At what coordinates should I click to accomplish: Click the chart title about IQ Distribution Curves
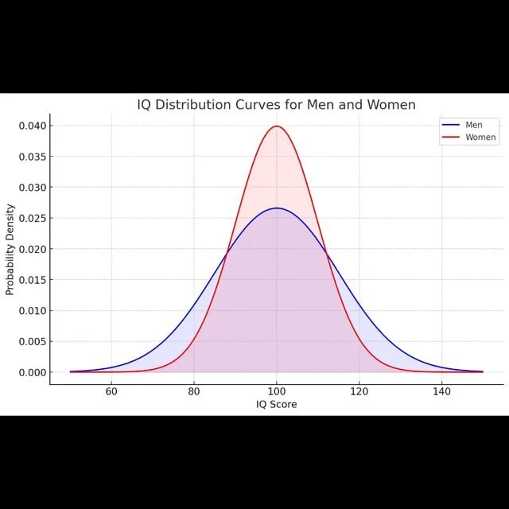pyautogui.click(x=276, y=105)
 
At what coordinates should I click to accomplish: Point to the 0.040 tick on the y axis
pyautogui.click(x=31, y=126)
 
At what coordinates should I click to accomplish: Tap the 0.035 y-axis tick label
pyautogui.click(x=31, y=157)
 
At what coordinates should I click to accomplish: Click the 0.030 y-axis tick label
pyautogui.click(x=31, y=188)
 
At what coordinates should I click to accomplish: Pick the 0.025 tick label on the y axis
pyautogui.click(x=31, y=218)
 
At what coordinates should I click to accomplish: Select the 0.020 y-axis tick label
pyautogui.click(x=31, y=249)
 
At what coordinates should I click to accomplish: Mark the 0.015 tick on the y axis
pyautogui.click(x=31, y=280)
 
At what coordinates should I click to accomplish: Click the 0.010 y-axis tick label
pyautogui.click(x=31, y=311)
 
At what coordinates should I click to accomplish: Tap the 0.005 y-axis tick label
pyautogui.click(x=31, y=341)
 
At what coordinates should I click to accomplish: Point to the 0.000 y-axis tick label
pyautogui.click(x=31, y=372)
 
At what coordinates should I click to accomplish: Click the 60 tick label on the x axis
pyautogui.click(x=111, y=391)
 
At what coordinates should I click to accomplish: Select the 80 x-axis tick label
pyautogui.click(x=194, y=391)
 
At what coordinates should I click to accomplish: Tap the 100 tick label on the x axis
pyautogui.click(x=277, y=391)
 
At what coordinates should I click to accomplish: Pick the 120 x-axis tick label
pyautogui.click(x=359, y=391)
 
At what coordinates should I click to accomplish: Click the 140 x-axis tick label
pyautogui.click(x=441, y=391)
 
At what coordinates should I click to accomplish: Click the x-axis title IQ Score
pyautogui.click(x=277, y=404)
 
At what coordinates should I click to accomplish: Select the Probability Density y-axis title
pyautogui.click(x=10, y=249)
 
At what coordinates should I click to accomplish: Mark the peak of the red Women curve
pyautogui.click(x=277, y=126)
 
